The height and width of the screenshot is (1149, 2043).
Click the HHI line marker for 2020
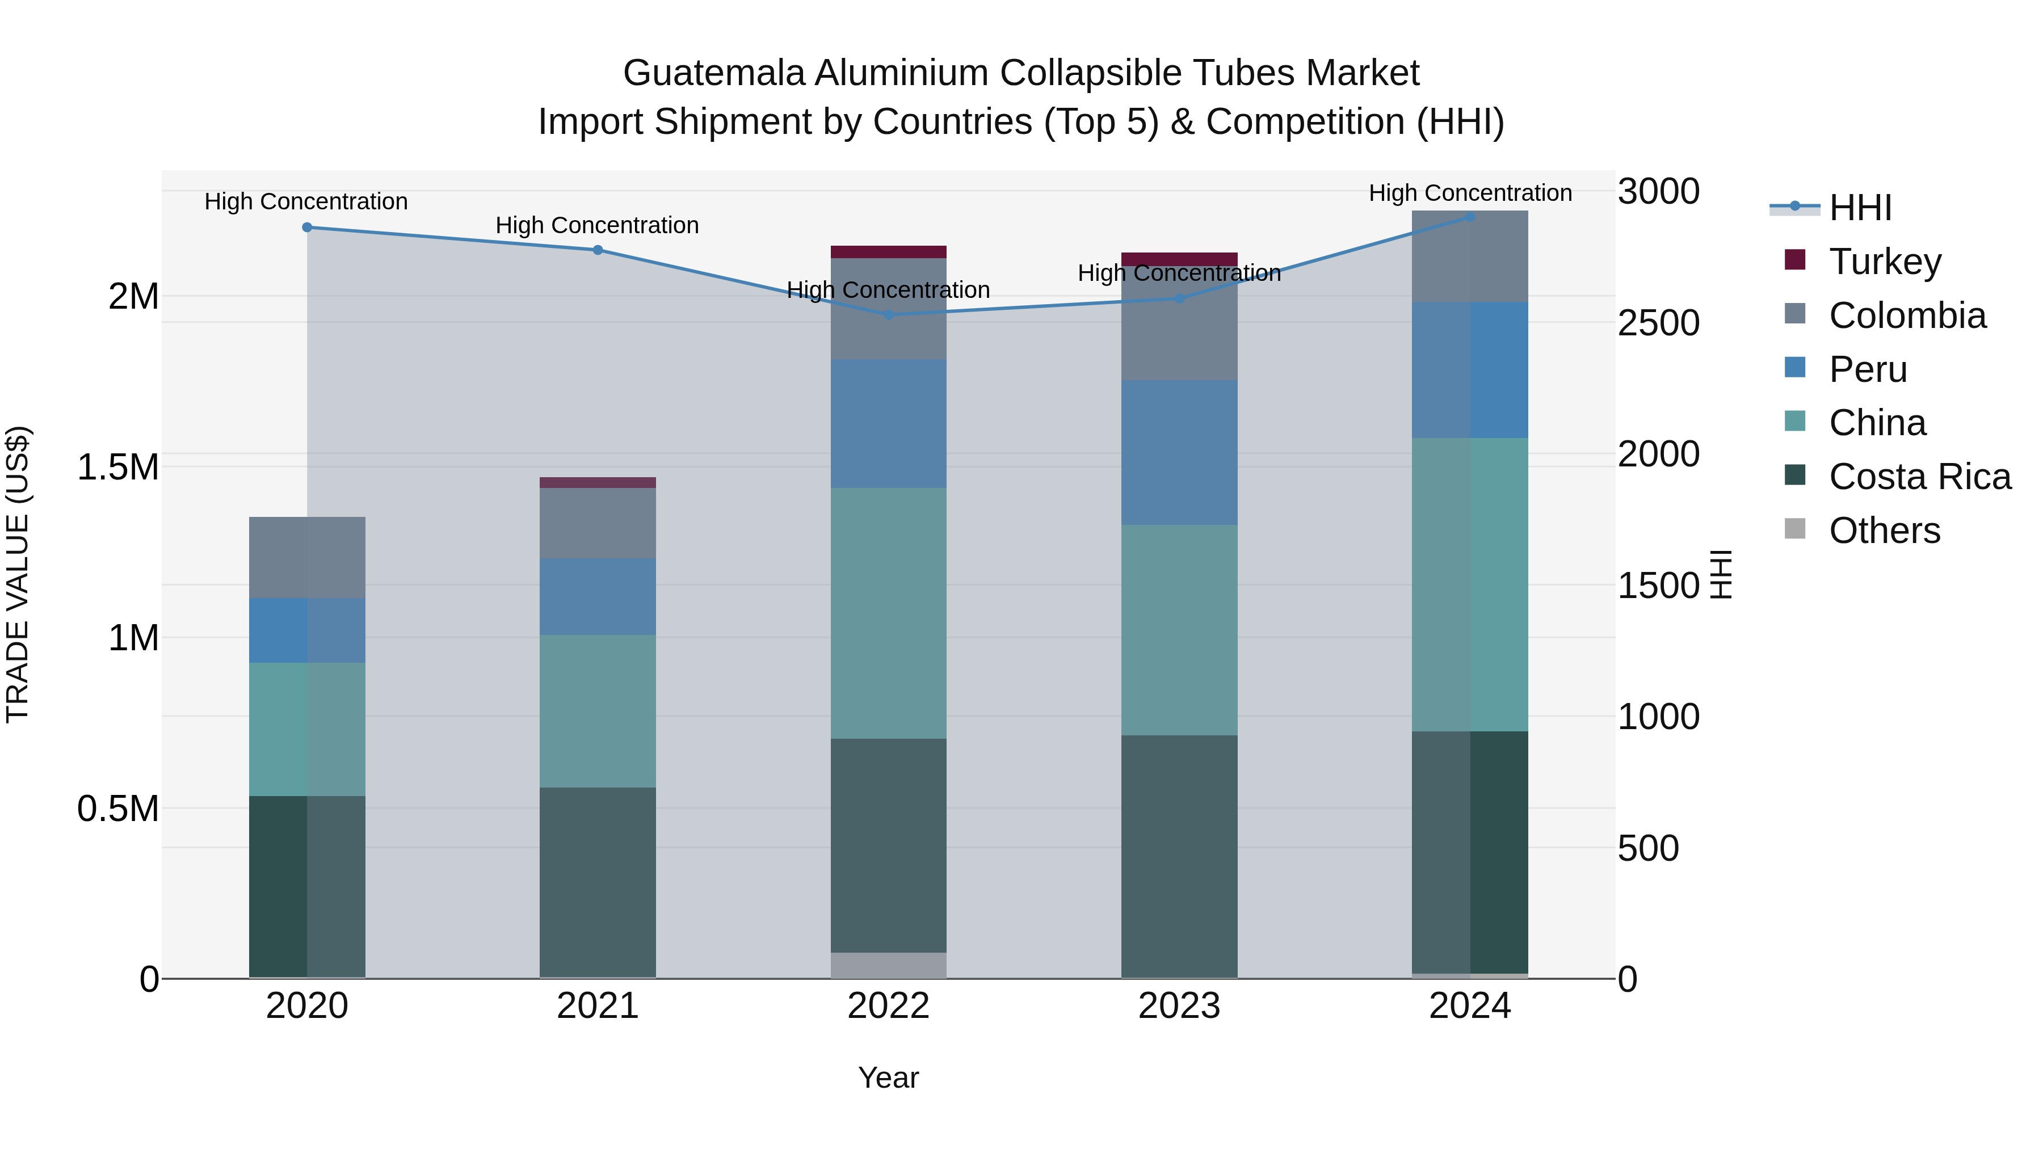[307, 228]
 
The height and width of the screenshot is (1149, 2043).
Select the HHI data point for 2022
[888, 315]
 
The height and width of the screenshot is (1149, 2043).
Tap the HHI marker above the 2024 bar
[1470, 217]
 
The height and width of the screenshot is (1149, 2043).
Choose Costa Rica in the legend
[1919, 477]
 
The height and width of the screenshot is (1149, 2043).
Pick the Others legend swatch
[1795, 529]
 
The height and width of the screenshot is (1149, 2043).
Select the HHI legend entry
[1860, 208]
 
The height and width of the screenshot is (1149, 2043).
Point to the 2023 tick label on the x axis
[1179, 1006]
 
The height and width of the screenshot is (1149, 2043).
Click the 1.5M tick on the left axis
[118, 467]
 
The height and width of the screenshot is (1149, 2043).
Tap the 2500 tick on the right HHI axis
[1658, 323]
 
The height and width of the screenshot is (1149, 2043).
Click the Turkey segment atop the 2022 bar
[888, 252]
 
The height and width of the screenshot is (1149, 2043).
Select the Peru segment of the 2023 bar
[1179, 452]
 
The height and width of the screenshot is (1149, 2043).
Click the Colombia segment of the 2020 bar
[307, 557]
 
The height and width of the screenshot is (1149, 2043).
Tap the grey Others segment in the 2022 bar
[888, 965]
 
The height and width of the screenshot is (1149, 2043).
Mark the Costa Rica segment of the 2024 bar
[1470, 852]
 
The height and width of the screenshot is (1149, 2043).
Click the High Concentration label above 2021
[597, 226]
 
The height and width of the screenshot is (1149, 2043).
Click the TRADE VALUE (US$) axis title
[18, 574]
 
